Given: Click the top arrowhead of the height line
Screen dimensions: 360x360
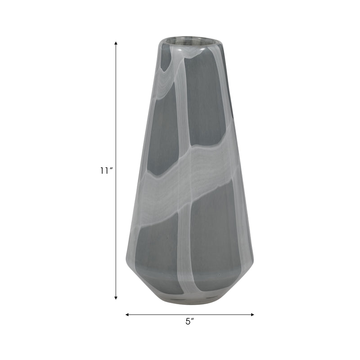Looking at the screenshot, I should [x=116, y=43].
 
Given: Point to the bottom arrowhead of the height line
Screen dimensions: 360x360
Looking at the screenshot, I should [x=116, y=297].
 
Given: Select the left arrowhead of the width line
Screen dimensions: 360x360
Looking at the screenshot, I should [x=127, y=315].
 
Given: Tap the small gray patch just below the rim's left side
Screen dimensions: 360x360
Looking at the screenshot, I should [x=166, y=61].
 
